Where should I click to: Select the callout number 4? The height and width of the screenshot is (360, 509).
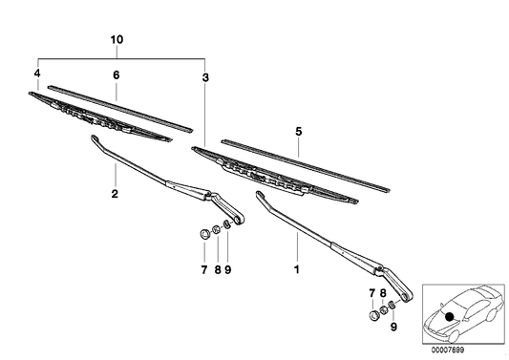click(x=37, y=74)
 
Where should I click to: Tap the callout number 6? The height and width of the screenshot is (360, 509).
click(x=116, y=74)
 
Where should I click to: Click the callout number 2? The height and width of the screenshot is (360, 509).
click(x=115, y=195)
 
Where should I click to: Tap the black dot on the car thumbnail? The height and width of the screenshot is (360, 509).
click(x=450, y=315)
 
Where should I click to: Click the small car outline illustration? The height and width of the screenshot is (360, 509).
click(x=461, y=310)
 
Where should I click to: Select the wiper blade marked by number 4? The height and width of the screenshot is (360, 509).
click(x=100, y=116)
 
